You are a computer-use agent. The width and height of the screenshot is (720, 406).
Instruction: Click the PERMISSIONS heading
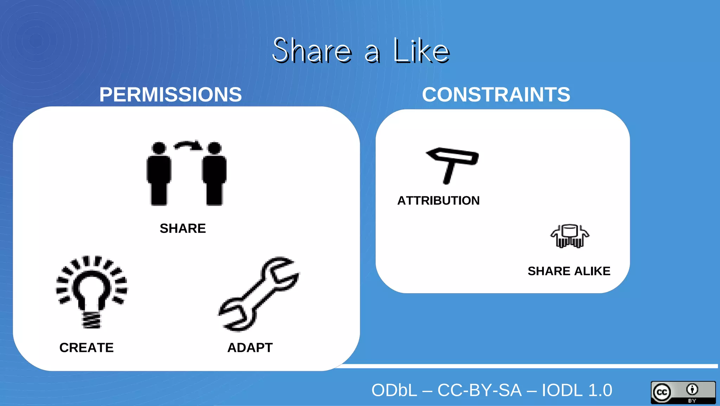click(171, 94)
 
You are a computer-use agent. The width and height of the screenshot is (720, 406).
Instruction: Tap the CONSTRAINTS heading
click(496, 94)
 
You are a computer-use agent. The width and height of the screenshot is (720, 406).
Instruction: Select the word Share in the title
click(312, 51)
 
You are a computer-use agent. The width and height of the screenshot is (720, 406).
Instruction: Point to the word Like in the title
click(421, 51)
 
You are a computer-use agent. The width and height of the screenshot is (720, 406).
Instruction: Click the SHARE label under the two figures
click(182, 228)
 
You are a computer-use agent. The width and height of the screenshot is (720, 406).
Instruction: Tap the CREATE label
click(86, 347)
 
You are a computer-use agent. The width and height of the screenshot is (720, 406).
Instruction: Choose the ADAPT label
click(250, 347)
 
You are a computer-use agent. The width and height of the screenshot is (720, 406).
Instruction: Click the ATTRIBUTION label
click(438, 201)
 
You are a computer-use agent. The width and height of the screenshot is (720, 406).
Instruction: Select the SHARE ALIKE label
click(569, 271)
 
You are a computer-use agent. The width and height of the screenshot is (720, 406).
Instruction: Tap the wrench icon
click(259, 294)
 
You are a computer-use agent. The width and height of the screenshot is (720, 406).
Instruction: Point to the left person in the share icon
click(159, 174)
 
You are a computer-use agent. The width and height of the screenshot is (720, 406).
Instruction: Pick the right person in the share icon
click(214, 174)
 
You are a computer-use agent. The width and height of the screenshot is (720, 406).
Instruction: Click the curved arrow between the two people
click(188, 145)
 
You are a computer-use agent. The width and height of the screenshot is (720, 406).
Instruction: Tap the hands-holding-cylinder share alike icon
click(570, 236)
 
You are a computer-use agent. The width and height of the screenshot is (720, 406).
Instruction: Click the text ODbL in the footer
click(394, 390)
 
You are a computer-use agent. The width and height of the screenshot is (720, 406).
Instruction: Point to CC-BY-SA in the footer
click(480, 390)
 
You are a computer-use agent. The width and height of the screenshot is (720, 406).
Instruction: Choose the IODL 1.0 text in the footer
click(577, 390)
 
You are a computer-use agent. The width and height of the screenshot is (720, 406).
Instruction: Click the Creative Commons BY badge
click(683, 392)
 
